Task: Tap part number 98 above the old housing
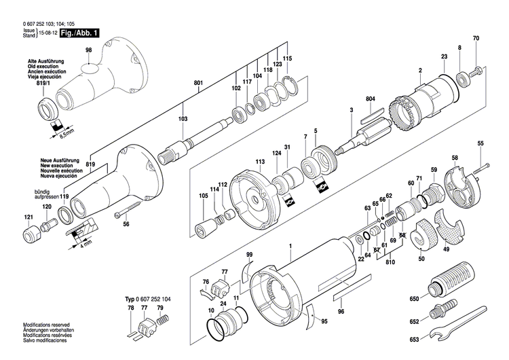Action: (x=88, y=50)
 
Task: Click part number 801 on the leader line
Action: (x=198, y=84)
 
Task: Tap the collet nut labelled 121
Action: (x=30, y=236)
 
